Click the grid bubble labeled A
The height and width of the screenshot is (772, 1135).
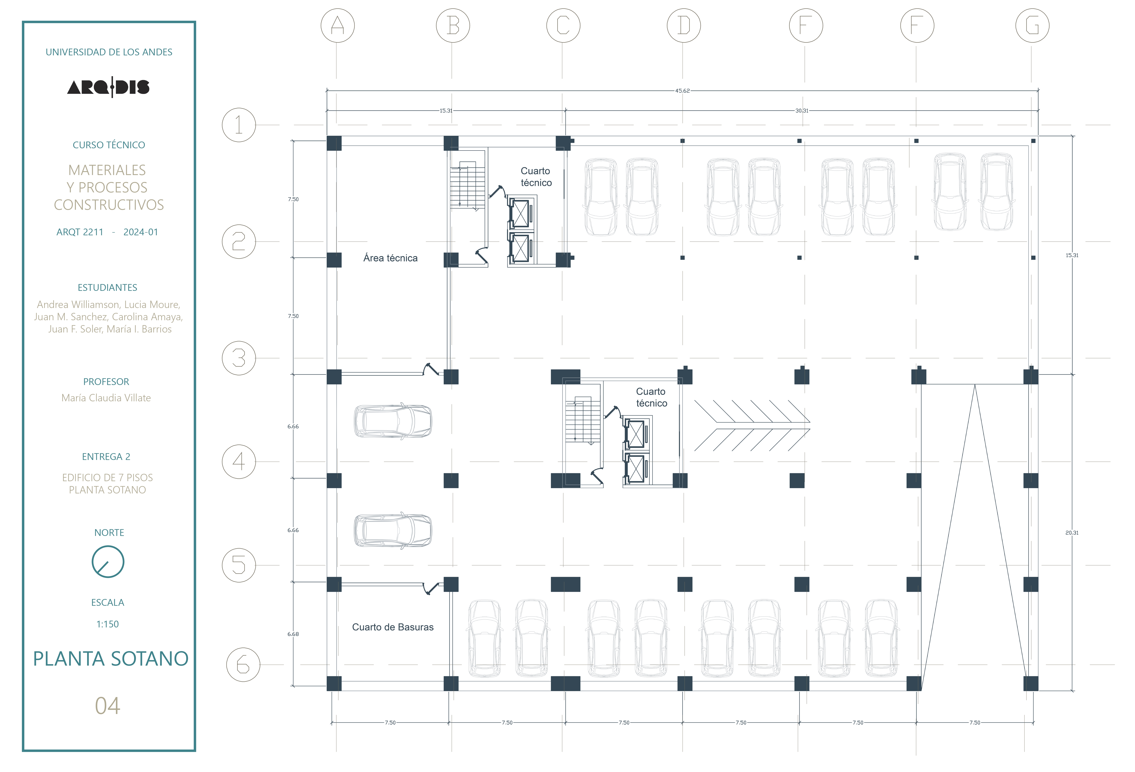point(338,25)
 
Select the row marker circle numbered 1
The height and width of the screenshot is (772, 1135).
point(239,125)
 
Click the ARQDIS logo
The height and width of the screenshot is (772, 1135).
point(108,87)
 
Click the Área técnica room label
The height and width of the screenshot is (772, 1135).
point(390,258)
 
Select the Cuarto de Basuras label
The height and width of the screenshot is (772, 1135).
point(393,627)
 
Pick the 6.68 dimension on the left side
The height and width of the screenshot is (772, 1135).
point(293,634)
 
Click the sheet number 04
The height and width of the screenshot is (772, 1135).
point(108,706)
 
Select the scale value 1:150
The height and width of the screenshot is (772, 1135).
point(108,624)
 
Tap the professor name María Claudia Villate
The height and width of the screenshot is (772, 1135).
point(106,398)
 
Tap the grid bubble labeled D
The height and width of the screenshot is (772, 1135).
point(684,25)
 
